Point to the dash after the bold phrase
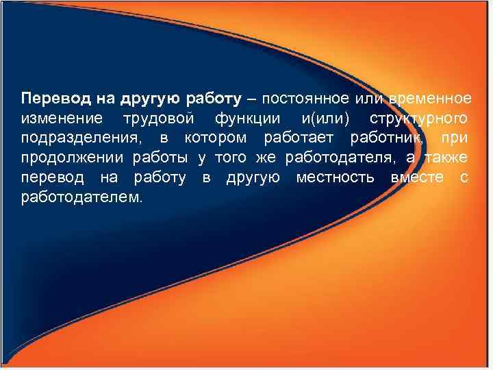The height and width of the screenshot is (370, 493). coord(247,99)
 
